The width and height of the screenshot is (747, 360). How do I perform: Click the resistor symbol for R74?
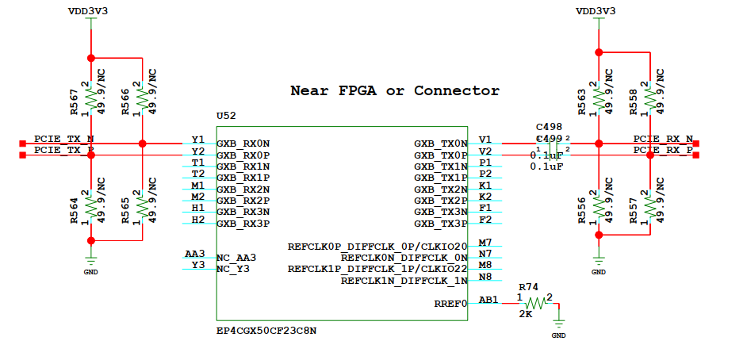point(536,302)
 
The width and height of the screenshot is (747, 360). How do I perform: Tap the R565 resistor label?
point(127,210)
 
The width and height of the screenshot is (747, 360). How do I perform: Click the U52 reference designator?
point(227,116)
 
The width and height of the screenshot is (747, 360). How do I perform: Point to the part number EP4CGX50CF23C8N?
point(267,331)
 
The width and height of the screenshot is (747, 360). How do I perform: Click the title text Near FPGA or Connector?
point(395,90)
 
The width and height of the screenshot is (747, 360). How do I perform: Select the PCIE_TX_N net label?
point(63,138)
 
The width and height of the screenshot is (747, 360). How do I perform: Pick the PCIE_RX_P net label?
point(663,149)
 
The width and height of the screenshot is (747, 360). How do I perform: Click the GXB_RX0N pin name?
point(243,144)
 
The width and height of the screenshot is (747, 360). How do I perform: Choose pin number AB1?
point(489,299)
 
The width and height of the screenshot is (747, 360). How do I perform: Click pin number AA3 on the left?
point(194,254)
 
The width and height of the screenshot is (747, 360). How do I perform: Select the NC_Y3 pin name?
point(234,269)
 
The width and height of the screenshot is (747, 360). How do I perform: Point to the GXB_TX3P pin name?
point(440,224)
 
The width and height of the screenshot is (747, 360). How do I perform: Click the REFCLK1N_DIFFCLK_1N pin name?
point(404,281)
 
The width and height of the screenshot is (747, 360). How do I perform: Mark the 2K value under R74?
point(525,314)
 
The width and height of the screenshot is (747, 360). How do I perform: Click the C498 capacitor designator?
point(549,127)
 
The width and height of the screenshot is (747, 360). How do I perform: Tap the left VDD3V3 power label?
point(90,11)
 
